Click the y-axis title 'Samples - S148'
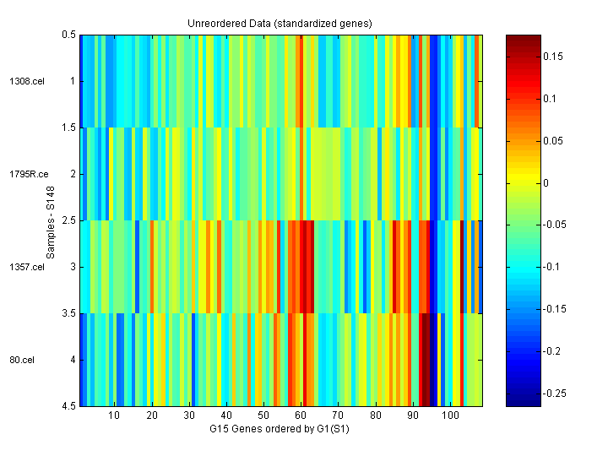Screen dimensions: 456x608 click(x=51, y=220)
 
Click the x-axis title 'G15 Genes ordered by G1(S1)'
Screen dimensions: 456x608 click(x=280, y=429)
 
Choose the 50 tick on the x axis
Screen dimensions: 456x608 click(x=263, y=415)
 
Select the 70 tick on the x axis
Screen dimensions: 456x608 click(x=338, y=415)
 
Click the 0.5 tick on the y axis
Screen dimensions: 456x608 click(x=69, y=35)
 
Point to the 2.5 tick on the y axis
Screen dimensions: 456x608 click(x=69, y=220)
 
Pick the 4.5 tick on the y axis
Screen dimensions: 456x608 click(x=69, y=406)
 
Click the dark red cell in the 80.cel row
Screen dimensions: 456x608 click(x=426, y=360)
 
